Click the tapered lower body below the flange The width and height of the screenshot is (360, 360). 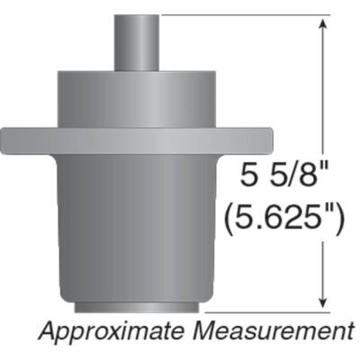pos(139,225)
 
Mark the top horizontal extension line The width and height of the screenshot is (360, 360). pos(243,16)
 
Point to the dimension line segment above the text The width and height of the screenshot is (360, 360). pos(321,90)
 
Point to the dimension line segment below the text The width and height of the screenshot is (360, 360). pos(321,270)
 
